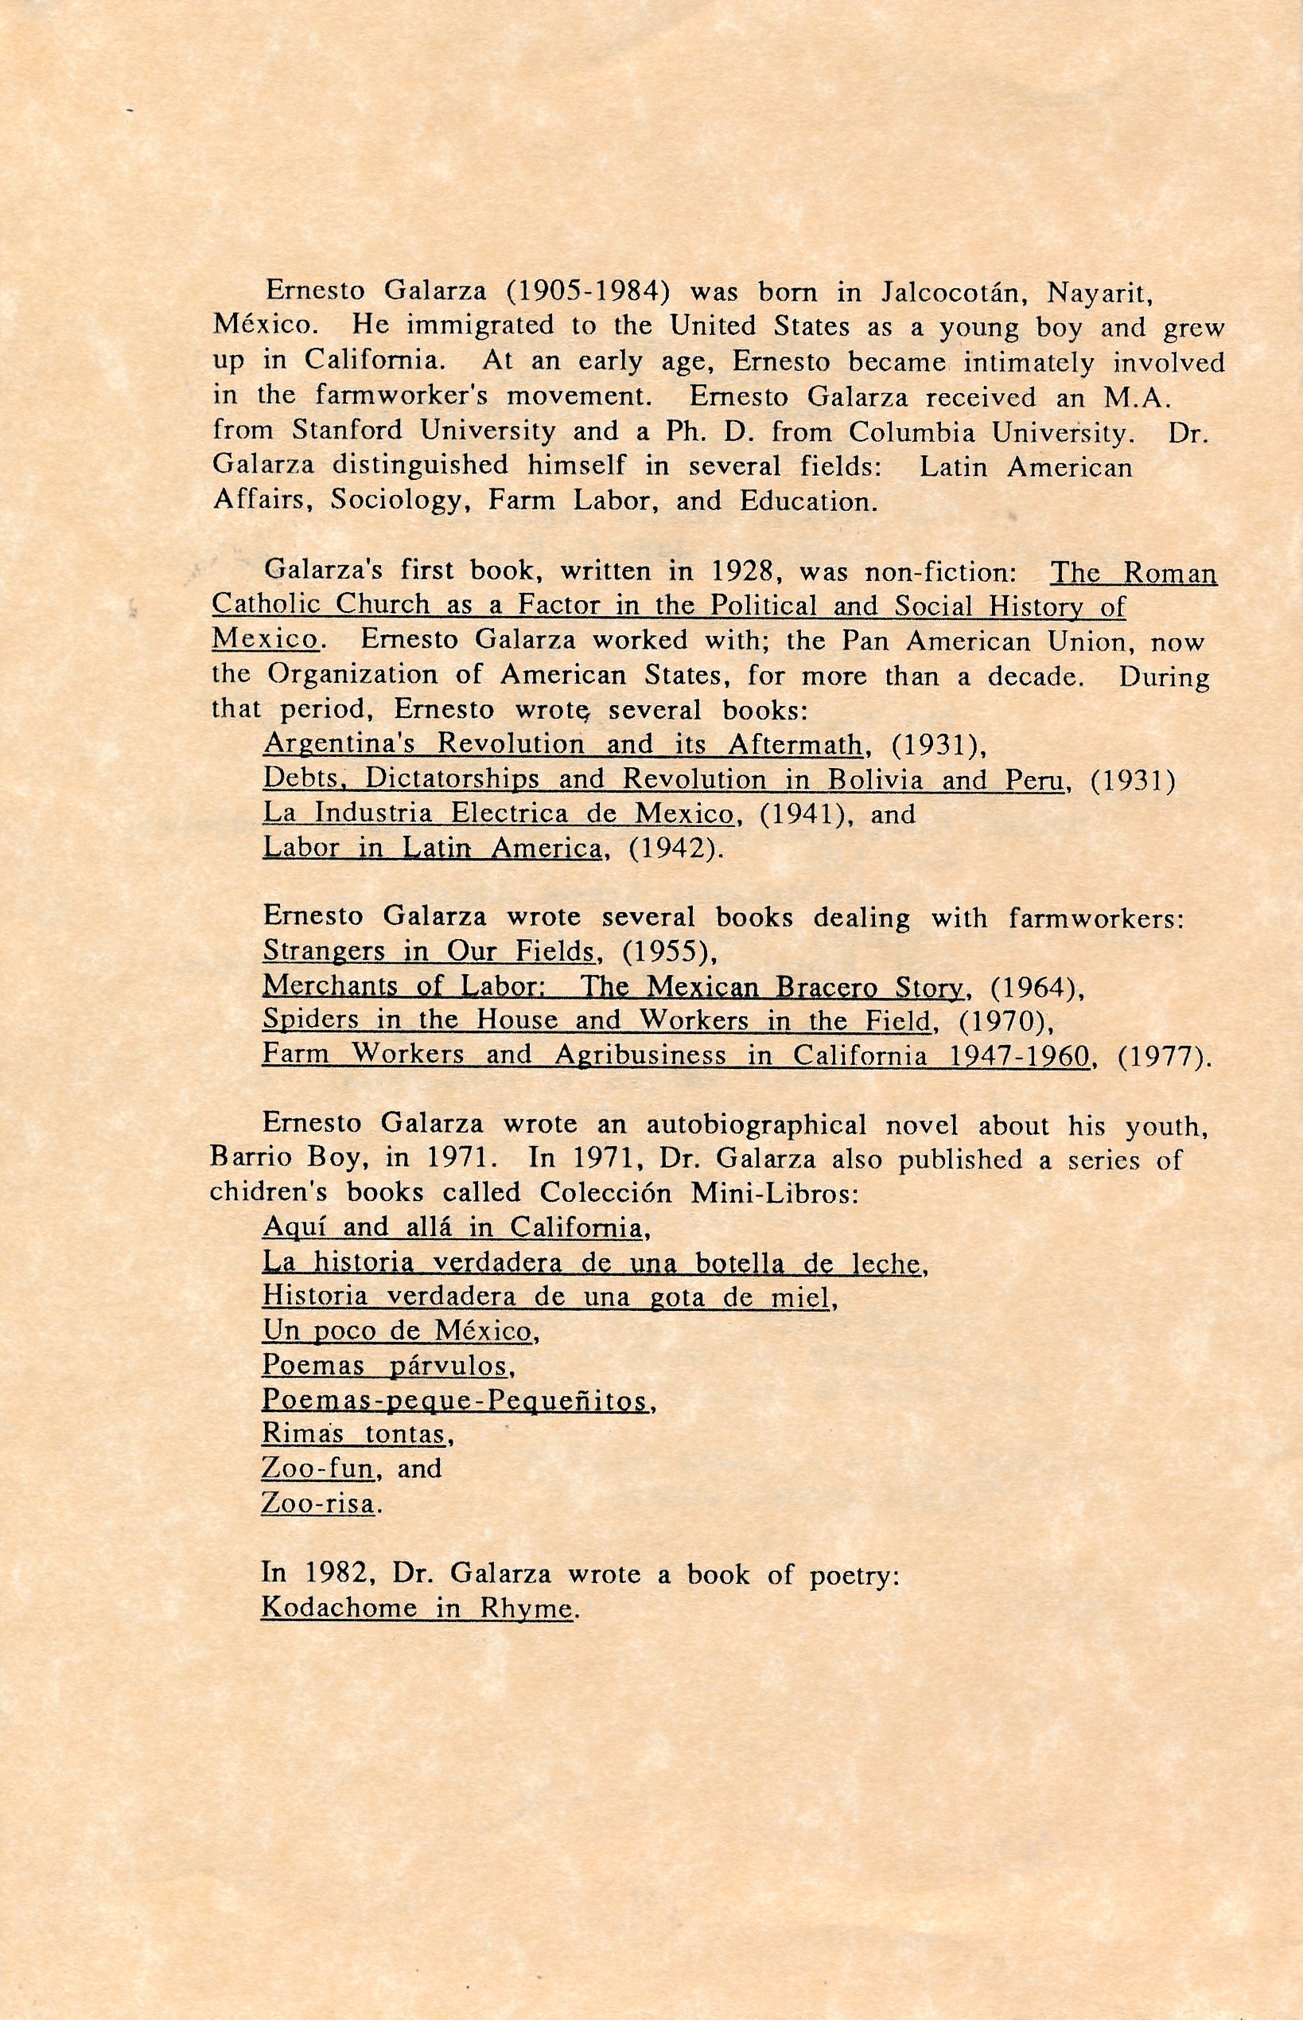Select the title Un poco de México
397,1332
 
